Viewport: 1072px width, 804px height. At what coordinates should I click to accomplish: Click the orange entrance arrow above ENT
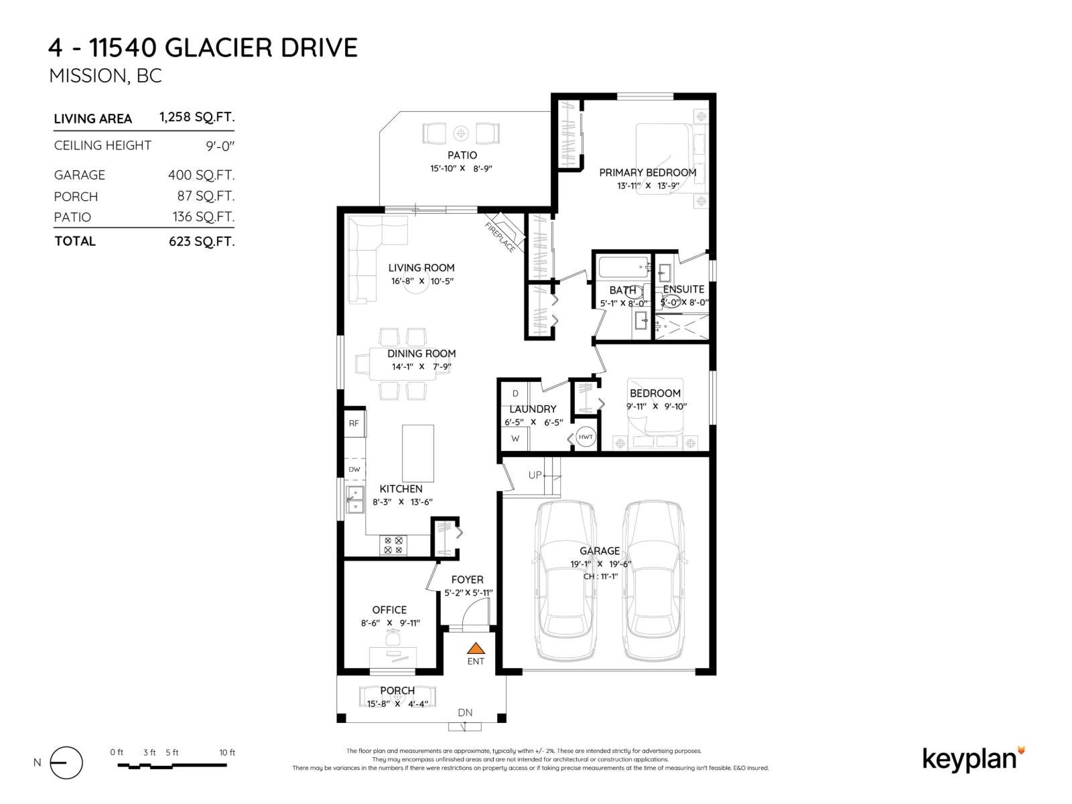(476, 649)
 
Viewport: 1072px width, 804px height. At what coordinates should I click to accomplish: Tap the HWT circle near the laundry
(586, 437)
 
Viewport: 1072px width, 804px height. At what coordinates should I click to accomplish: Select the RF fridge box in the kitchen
(354, 423)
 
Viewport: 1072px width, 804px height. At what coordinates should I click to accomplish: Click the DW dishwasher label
(354, 469)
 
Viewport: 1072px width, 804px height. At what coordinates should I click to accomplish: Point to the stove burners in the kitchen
(393, 545)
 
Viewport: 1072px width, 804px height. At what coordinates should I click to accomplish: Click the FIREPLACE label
(500, 237)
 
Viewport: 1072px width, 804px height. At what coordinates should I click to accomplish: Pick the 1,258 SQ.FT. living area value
(197, 117)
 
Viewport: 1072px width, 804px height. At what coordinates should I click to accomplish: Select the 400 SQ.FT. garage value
(201, 175)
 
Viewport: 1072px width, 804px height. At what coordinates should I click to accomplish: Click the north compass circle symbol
(66, 762)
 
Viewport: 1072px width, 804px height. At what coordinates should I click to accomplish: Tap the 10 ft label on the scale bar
(227, 752)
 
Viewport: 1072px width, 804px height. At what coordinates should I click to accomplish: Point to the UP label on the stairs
(535, 475)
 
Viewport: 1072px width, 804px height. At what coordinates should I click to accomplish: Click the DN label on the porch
(465, 712)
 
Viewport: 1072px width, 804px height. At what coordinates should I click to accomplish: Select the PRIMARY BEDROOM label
(647, 172)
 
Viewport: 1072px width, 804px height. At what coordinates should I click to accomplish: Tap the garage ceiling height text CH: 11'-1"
(600, 576)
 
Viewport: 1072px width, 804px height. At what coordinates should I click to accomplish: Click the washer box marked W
(515, 439)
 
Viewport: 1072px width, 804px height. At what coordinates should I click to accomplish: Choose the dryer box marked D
(515, 393)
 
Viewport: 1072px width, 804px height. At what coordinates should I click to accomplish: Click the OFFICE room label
(389, 610)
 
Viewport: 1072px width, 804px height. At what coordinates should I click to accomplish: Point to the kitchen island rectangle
(417, 453)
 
